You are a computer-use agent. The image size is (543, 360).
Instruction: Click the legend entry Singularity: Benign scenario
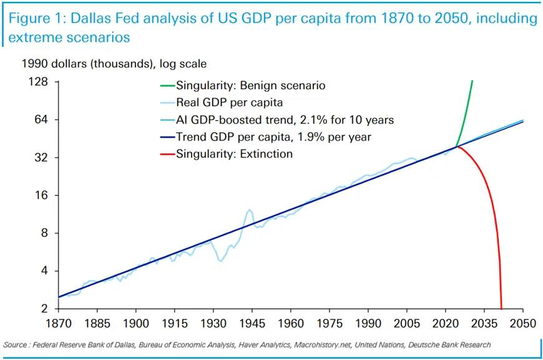250,86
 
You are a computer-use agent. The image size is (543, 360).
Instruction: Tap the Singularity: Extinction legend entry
234,153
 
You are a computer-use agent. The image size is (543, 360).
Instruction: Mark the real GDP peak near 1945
250,210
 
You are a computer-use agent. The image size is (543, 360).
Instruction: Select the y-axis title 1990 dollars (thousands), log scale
114,63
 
